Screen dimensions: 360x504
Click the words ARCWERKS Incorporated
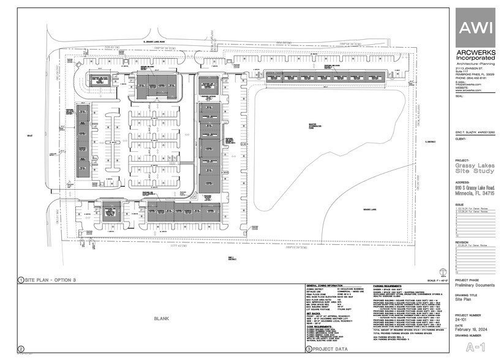pyautogui.click(x=475, y=54)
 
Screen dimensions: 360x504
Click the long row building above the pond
pyautogui.click(x=325, y=75)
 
